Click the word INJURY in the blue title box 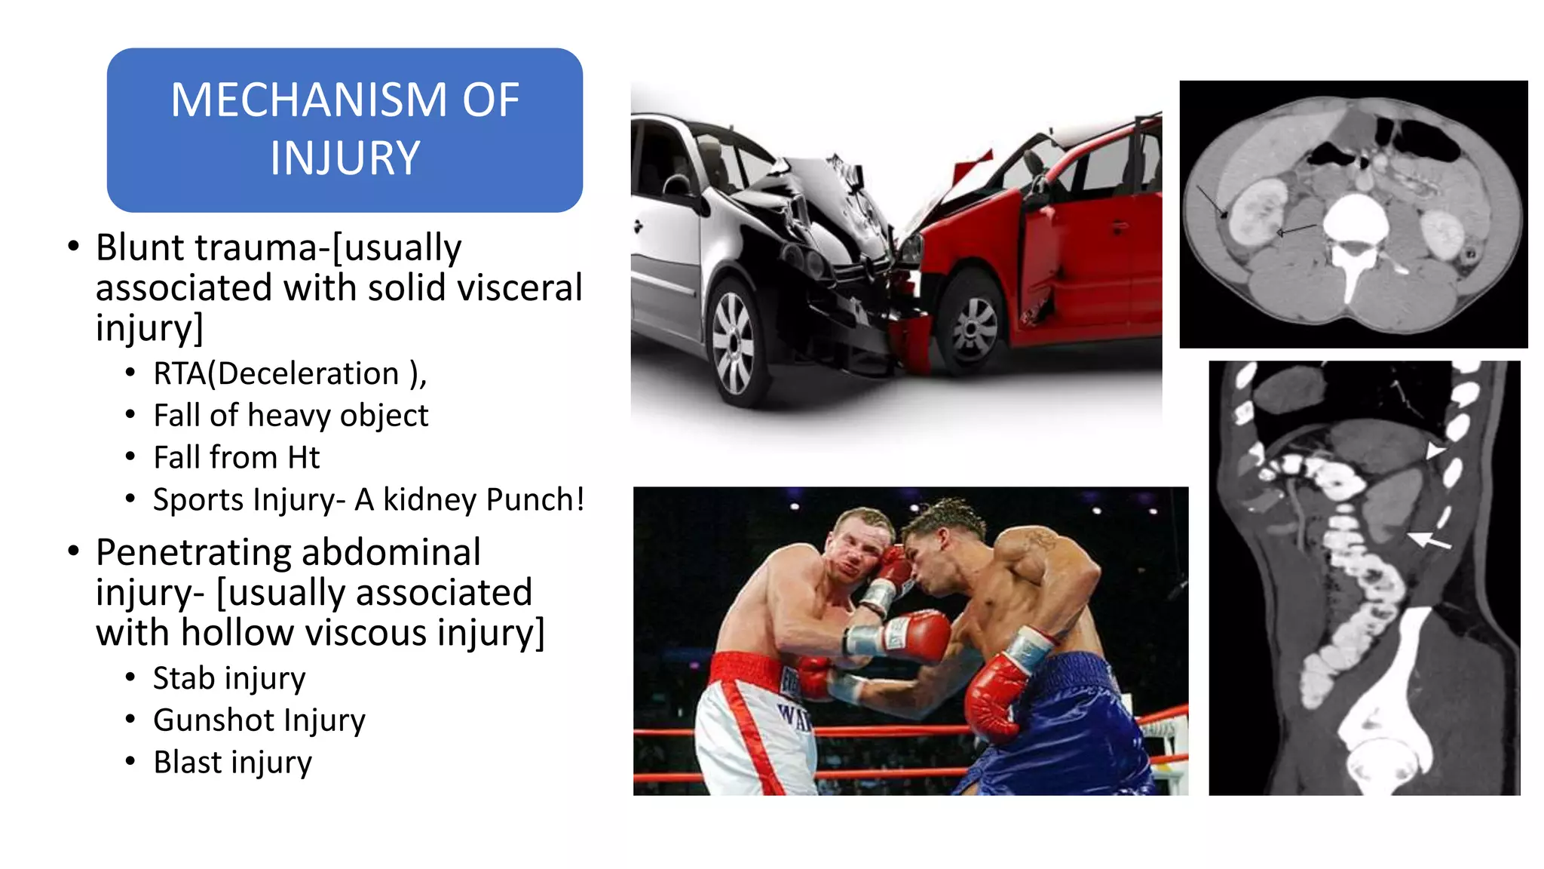pyautogui.click(x=345, y=158)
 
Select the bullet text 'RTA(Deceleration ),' pyautogui.click(x=289, y=374)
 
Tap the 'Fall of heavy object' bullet pyautogui.click(x=290, y=416)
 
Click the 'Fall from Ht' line pyautogui.click(x=236, y=458)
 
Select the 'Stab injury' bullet pyautogui.click(x=228, y=678)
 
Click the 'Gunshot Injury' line pyautogui.click(x=259, y=720)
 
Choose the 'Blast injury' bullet pyautogui.click(x=232, y=763)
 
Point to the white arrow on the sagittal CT pyautogui.click(x=1429, y=540)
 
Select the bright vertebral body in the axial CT pyautogui.click(x=1356, y=219)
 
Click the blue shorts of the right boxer pyautogui.click(x=1071, y=724)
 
